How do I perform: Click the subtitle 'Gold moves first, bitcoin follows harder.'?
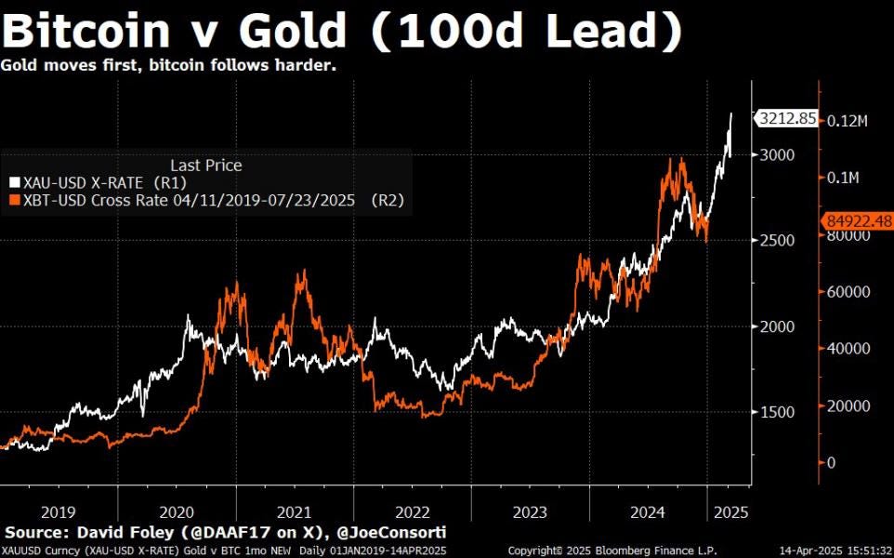pyautogui.click(x=168, y=66)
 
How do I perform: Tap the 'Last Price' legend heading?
pyautogui.click(x=206, y=166)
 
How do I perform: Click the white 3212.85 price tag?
pyautogui.click(x=786, y=119)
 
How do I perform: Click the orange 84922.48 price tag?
pyautogui.click(x=857, y=220)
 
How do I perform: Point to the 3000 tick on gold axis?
pyautogui.click(x=777, y=154)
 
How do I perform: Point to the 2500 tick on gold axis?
pyautogui.click(x=777, y=240)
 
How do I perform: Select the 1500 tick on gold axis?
pyautogui.click(x=777, y=412)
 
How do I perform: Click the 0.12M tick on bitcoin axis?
pyautogui.click(x=848, y=120)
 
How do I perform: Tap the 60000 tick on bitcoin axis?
pyautogui.click(x=848, y=292)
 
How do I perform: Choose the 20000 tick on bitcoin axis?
pyautogui.click(x=848, y=406)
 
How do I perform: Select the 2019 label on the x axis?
pyautogui.click(x=59, y=511)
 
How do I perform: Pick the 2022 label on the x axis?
pyautogui.click(x=412, y=511)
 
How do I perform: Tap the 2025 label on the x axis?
pyautogui.click(x=728, y=511)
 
